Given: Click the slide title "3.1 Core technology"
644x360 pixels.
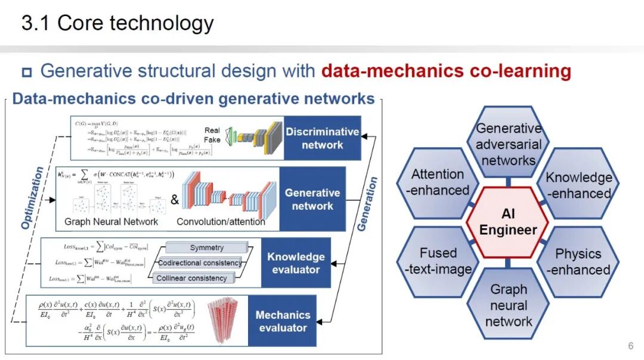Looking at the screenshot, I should tap(117, 23).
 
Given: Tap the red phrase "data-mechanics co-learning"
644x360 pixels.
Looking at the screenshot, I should tap(446, 72).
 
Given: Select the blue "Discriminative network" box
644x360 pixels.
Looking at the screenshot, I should tap(322, 138).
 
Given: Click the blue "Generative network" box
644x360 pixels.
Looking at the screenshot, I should tap(312, 199).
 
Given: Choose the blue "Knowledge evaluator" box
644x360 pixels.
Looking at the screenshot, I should tap(296, 263).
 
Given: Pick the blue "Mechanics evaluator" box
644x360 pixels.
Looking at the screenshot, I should tap(283, 321).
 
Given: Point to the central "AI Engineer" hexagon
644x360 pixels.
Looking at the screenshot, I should tap(508, 222).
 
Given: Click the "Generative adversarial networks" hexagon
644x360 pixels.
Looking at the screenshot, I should tap(509, 144).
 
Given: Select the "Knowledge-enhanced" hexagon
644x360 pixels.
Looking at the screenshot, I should tap(578, 185).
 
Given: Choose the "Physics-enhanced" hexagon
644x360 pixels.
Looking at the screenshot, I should tap(578, 262).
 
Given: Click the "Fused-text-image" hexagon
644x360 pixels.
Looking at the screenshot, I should tap(438, 261).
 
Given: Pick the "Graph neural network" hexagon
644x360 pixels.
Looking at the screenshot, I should tap(509, 305).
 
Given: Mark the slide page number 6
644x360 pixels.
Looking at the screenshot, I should tap(630, 346).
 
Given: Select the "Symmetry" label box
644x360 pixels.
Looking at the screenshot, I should tap(206, 248).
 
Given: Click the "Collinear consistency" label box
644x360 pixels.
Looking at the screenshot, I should tap(191, 278).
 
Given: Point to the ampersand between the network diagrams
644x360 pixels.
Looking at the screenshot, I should tap(175, 200).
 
